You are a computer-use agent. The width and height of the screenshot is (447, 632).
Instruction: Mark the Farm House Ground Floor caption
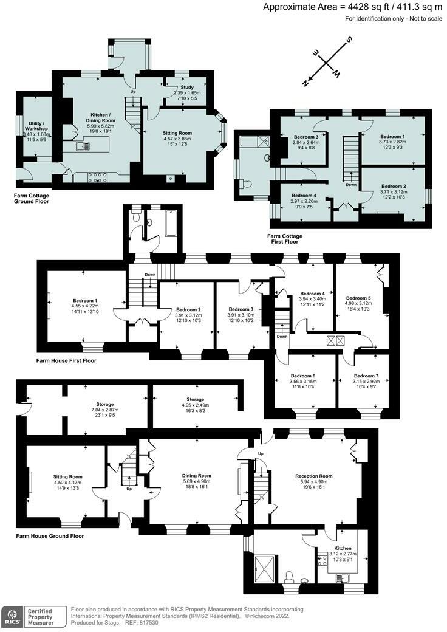coord(50,536)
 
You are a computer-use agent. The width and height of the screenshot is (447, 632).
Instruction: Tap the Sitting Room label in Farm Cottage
coord(177,137)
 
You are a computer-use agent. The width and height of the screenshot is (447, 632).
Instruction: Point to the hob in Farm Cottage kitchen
coord(97,177)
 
